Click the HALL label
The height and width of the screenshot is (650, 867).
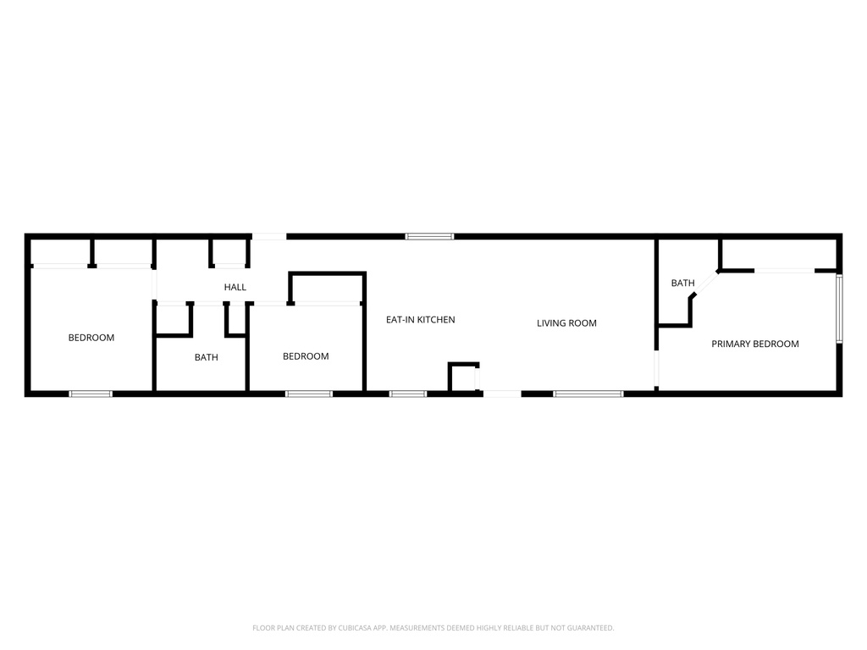click(x=235, y=288)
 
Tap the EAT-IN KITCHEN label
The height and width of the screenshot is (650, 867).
click(x=421, y=320)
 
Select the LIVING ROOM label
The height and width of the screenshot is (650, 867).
click(x=566, y=323)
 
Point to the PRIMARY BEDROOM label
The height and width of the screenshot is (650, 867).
click(x=755, y=344)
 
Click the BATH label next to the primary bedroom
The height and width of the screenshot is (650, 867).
click(x=682, y=284)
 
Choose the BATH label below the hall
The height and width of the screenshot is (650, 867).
click(x=206, y=358)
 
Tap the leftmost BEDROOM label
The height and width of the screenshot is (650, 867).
click(x=91, y=338)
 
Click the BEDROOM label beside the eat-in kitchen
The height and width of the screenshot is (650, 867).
click(x=306, y=356)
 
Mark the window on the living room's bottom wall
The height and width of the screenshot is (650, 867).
click(x=588, y=394)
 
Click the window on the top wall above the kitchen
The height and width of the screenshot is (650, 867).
click(x=429, y=236)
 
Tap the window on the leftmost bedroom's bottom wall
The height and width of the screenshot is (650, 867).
click(x=91, y=394)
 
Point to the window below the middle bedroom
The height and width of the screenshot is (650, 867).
click(x=309, y=394)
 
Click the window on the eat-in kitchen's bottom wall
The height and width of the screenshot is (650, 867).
click(x=408, y=394)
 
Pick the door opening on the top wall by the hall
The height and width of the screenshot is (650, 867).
click(x=269, y=236)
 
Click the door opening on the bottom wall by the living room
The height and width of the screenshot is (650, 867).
click(x=501, y=394)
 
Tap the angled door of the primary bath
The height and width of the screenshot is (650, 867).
click(x=704, y=283)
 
